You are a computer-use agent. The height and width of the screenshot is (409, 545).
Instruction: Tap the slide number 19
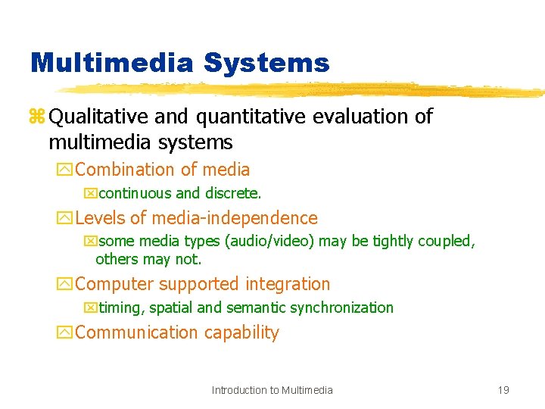click(x=503, y=390)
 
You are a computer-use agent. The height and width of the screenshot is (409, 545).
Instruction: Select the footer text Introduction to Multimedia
click(x=272, y=390)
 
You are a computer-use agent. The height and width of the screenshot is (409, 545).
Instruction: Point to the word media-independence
click(x=235, y=219)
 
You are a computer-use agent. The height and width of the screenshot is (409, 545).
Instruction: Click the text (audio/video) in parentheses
click(x=277, y=242)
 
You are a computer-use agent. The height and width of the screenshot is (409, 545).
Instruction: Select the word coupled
click(x=449, y=242)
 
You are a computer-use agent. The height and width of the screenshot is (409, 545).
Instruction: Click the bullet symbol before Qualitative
click(x=37, y=117)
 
